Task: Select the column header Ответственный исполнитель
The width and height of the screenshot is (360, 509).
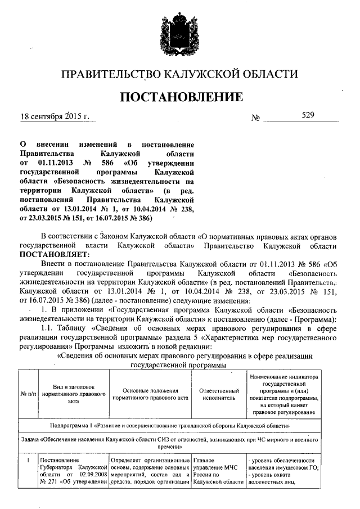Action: click(x=216, y=394)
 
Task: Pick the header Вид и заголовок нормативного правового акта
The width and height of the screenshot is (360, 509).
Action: click(x=74, y=394)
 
